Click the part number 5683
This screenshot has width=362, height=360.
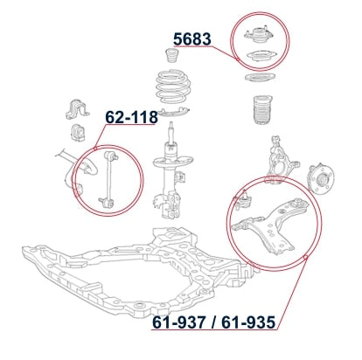click(x=192, y=39)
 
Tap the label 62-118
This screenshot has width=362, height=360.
click(x=131, y=117)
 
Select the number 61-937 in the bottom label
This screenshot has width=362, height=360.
click(x=178, y=322)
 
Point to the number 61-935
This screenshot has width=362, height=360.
click(x=248, y=322)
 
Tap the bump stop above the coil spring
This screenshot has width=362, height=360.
click(x=172, y=56)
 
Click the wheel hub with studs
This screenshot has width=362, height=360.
click(x=321, y=179)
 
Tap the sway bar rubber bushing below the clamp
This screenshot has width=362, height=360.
click(x=77, y=133)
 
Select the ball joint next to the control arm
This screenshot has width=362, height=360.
click(x=244, y=201)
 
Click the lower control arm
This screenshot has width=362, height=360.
click(x=268, y=226)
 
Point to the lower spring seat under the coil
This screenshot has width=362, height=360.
click(x=175, y=112)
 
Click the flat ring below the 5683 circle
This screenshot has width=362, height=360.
click(x=260, y=78)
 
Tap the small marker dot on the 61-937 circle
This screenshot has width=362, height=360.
click(x=305, y=257)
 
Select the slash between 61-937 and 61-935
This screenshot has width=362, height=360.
click(x=214, y=322)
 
